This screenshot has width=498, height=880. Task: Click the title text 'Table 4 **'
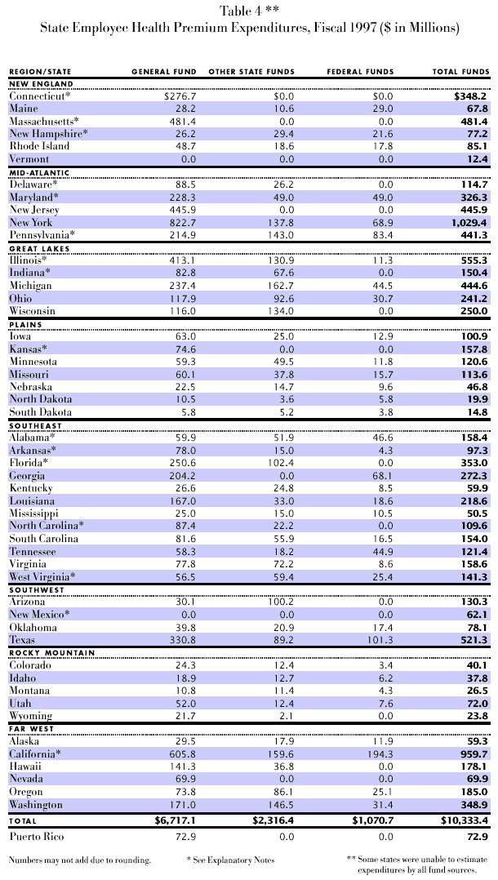[248, 11]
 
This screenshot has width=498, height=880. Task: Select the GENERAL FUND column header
[162, 72]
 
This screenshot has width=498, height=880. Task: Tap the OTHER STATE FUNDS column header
[251, 72]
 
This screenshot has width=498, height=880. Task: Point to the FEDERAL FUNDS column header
[360, 72]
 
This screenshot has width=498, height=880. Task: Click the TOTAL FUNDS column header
[460, 72]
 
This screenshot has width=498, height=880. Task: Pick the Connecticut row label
[40, 96]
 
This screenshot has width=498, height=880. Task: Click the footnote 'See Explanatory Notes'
[232, 860]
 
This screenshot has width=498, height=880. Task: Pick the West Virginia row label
[42, 577]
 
